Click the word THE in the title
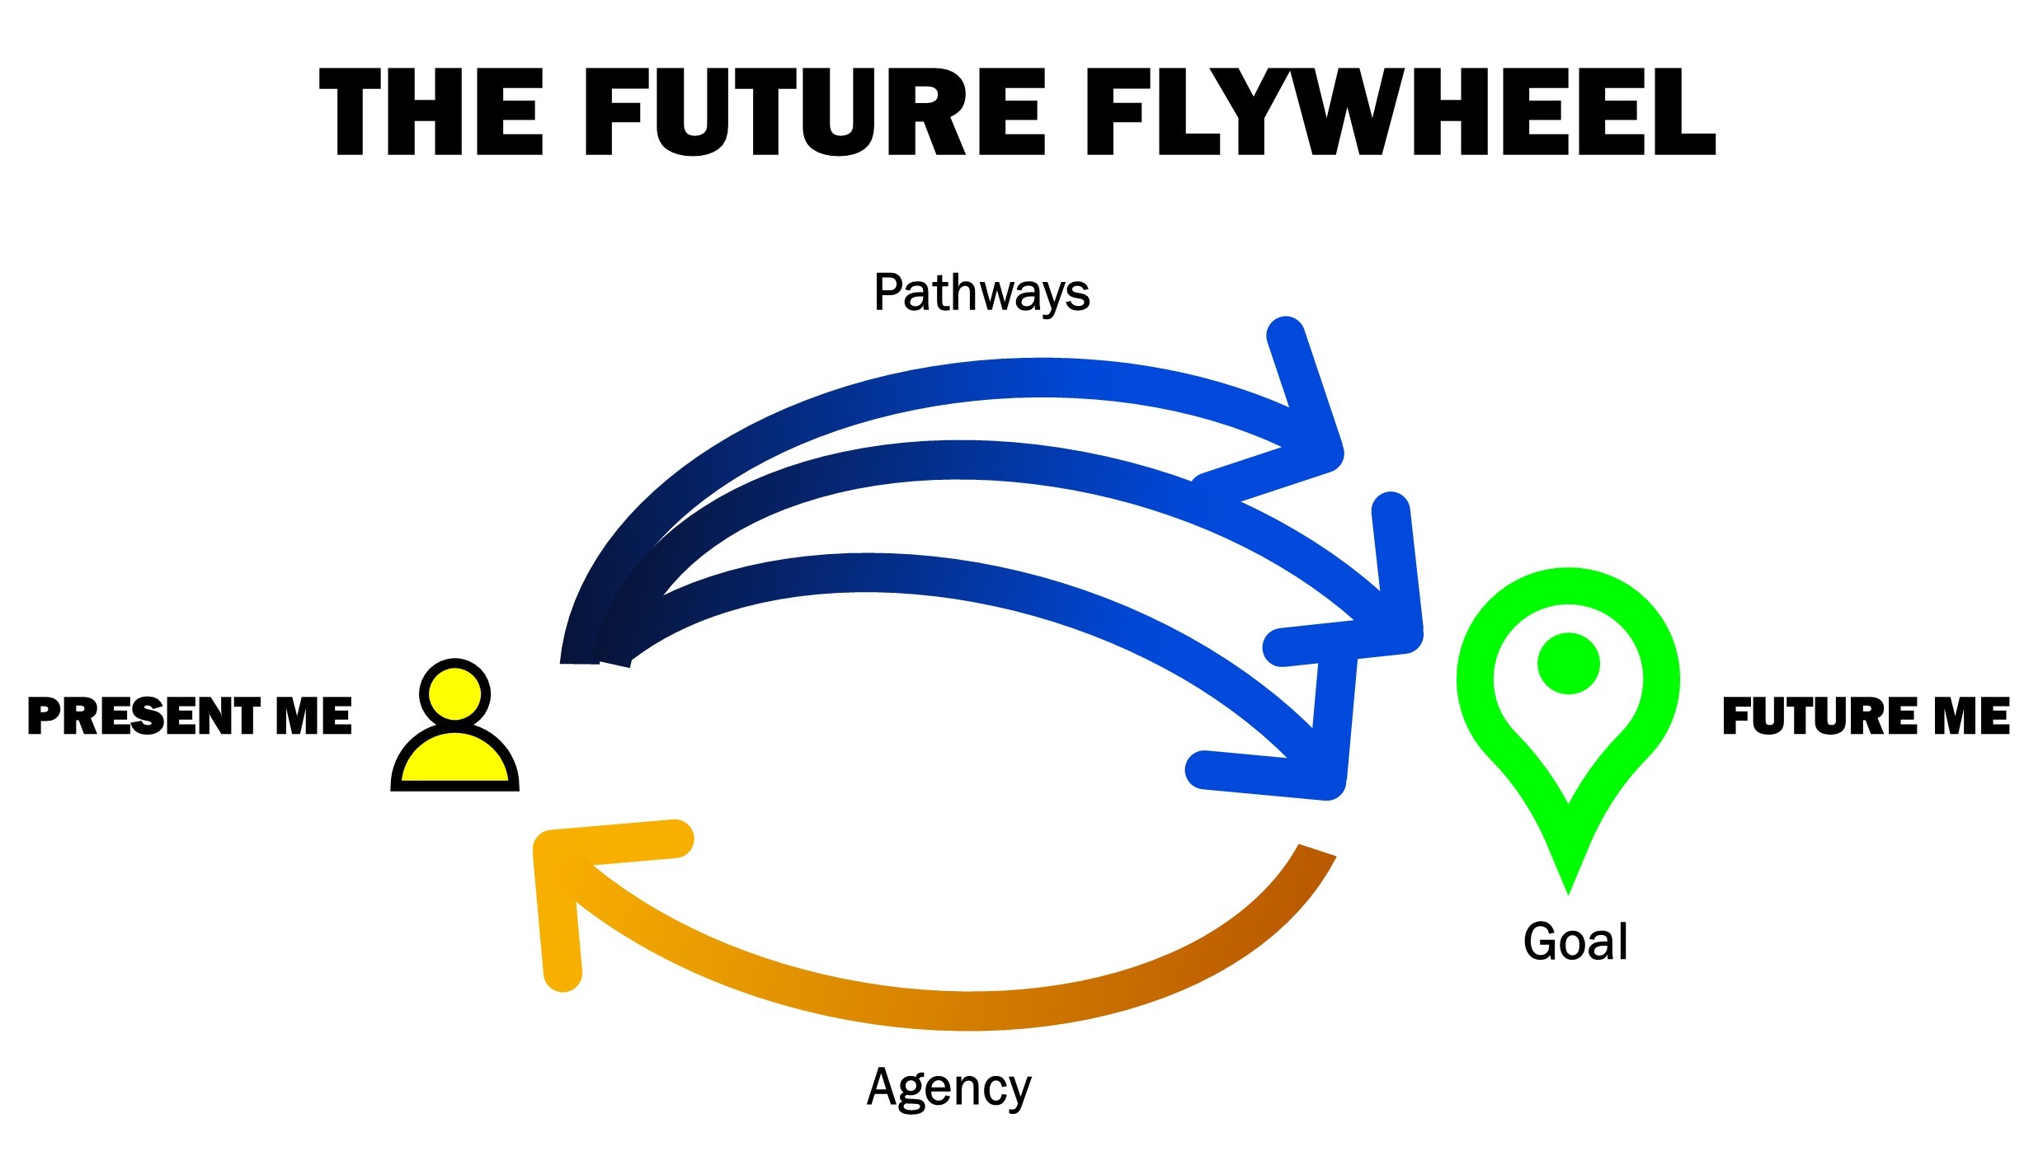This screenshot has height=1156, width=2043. pyautogui.click(x=431, y=113)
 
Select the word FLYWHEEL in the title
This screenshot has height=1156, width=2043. pyautogui.click(x=1400, y=113)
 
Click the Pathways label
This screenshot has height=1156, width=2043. pyautogui.click(x=981, y=293)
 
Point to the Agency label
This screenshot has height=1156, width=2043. pyautogui.click(x=949, y=1088)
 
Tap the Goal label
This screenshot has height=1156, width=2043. pyautogui.click(x=1575, y=942)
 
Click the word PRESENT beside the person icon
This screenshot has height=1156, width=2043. pyautogui.click(x=144, y=716)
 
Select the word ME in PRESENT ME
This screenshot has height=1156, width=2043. pyautogui.click(x=313, y=716)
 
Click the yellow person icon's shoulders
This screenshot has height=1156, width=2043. pyautogui.click(x=454, y=759)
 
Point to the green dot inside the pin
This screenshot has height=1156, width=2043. pyautogui.click(x=1568, y=664)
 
